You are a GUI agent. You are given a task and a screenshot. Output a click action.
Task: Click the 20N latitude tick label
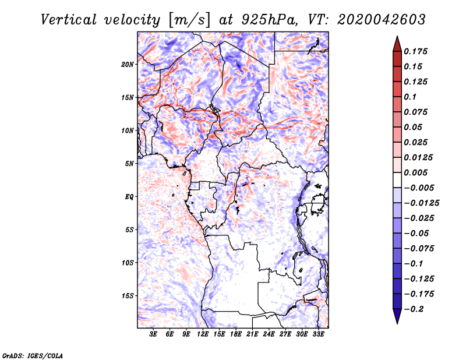128,64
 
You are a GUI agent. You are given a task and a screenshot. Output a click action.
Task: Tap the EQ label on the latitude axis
129,197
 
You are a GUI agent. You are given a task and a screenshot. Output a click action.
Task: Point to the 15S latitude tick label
128,296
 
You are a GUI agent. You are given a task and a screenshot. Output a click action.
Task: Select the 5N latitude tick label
129,164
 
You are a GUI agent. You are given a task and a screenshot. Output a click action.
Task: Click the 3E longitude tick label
154,334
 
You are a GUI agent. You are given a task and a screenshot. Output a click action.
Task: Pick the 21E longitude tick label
253,334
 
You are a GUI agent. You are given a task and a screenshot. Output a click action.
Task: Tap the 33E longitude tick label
319,334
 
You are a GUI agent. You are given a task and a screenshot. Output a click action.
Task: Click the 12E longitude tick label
203,334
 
